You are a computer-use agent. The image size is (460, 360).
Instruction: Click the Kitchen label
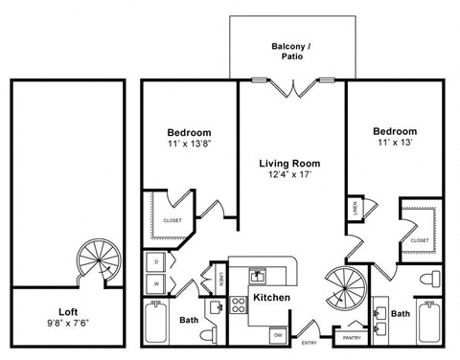[271, 299]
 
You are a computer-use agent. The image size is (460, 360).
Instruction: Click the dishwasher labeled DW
[276, 333]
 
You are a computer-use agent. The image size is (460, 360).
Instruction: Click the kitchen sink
[258, 275]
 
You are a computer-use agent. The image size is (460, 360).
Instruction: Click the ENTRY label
[310, 342]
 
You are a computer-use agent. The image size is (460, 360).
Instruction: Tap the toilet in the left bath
[209, 334]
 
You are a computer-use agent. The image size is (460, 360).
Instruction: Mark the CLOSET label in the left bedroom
[172, 220]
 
